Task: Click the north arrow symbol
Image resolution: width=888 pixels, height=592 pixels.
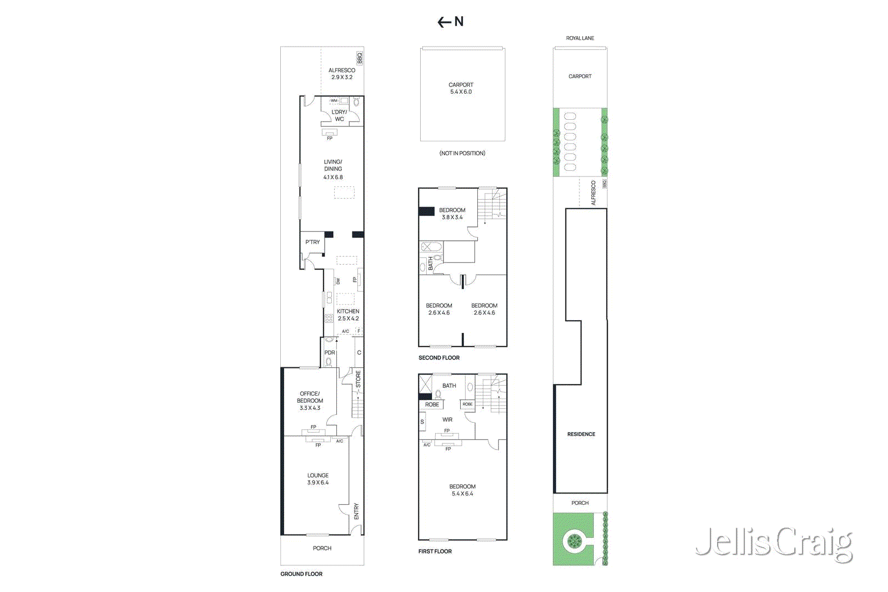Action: [x=450, y=22]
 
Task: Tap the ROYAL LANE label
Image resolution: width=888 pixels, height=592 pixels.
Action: [x=580, y=38]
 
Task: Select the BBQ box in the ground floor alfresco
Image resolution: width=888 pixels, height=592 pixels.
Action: [x=360, y=58]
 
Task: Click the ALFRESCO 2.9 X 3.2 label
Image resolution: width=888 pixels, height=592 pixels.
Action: [x=342, y=74]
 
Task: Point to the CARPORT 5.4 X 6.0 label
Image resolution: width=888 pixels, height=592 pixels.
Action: [x=461, y=88]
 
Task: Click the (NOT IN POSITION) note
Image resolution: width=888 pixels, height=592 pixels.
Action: [x=462, y=153]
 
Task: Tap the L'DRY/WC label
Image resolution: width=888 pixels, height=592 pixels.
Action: [x=339, y=115]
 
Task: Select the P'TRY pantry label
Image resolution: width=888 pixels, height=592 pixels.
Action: [x=312, y=242]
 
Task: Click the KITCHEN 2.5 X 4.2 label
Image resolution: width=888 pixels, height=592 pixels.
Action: [x=348, y=315]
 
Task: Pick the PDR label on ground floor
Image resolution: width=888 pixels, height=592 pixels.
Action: [x=330, y=352]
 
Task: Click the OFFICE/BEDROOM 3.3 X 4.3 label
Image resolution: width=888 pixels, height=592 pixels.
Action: [x=310, y=401]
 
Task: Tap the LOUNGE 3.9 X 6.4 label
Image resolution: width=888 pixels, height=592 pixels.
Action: [x=318, y=479]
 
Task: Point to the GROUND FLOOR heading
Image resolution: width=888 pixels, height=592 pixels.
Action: [x=301, y=574]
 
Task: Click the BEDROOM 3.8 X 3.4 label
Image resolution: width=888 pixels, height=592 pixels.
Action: [x=452, y=214]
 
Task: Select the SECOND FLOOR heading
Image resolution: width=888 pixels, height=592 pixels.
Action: [x=439, y=358]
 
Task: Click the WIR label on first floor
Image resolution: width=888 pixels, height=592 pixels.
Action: [x=447, y=419]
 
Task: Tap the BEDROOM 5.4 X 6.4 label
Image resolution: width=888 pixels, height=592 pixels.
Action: [x=462, y=490]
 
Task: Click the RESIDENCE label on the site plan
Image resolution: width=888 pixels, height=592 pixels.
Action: [x=581, y=434]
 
